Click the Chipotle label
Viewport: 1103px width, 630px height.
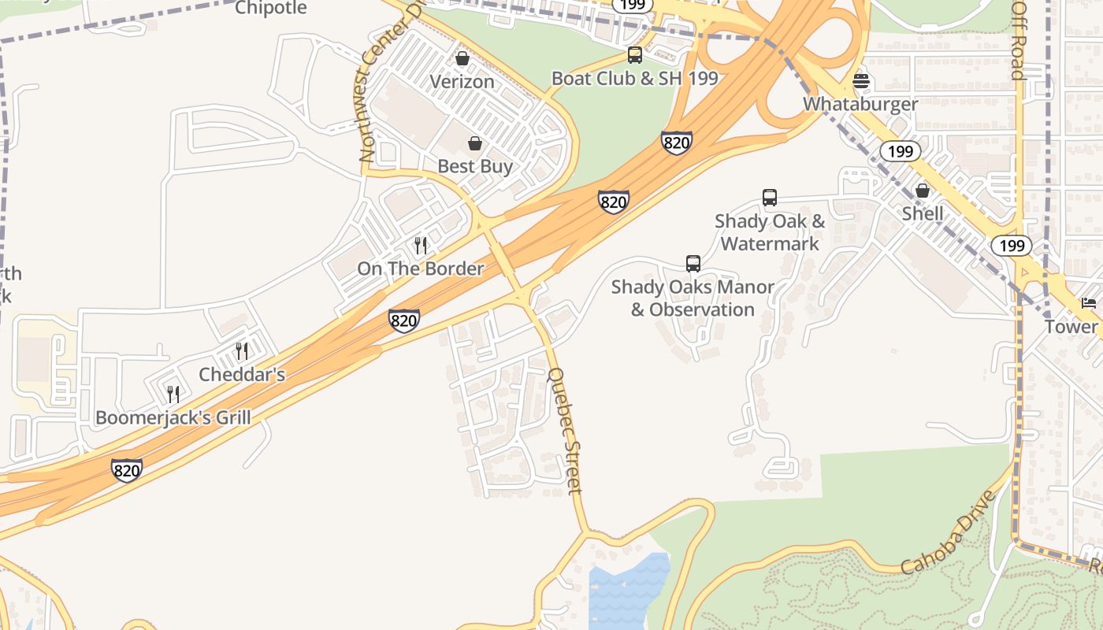(x=270, y=8)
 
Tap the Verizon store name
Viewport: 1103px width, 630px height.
(x=462, y=81)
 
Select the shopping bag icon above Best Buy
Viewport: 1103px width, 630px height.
(x=475, y=143)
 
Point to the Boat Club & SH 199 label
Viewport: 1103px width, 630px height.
(x=634, y=78)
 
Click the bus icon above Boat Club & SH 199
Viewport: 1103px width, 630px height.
(x=634, y=55)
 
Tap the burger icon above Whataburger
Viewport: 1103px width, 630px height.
(x=860, y=81)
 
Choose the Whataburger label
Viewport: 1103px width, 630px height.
(x=860, y=104)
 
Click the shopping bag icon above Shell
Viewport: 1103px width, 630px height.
(x=922, y=191)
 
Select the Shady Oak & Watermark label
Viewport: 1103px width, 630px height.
(x=770, y=232)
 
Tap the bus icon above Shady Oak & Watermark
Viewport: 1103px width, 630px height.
(x=770, y=198)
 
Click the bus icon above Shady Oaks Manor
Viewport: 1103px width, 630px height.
(x=693, y=264)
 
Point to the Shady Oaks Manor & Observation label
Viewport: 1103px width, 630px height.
(x=693, y=298)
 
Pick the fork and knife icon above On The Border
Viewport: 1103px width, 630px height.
(x=421, y=246)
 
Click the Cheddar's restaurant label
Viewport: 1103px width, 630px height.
(x=241, y=374)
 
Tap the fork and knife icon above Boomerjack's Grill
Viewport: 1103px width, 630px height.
(x=173, y=394)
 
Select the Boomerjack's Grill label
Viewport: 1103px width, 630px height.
(x=173, y=417)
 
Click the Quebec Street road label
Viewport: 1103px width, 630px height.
(x=565, y=431)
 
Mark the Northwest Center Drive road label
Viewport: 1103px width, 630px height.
(x=385, y=91)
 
